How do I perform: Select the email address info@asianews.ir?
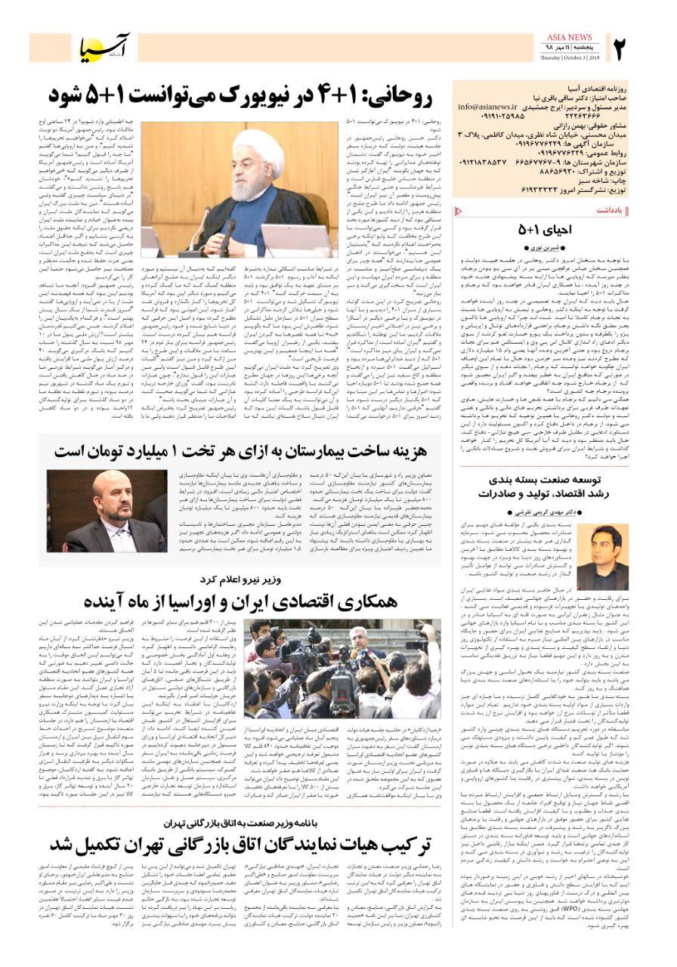(x=487, y=107)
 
